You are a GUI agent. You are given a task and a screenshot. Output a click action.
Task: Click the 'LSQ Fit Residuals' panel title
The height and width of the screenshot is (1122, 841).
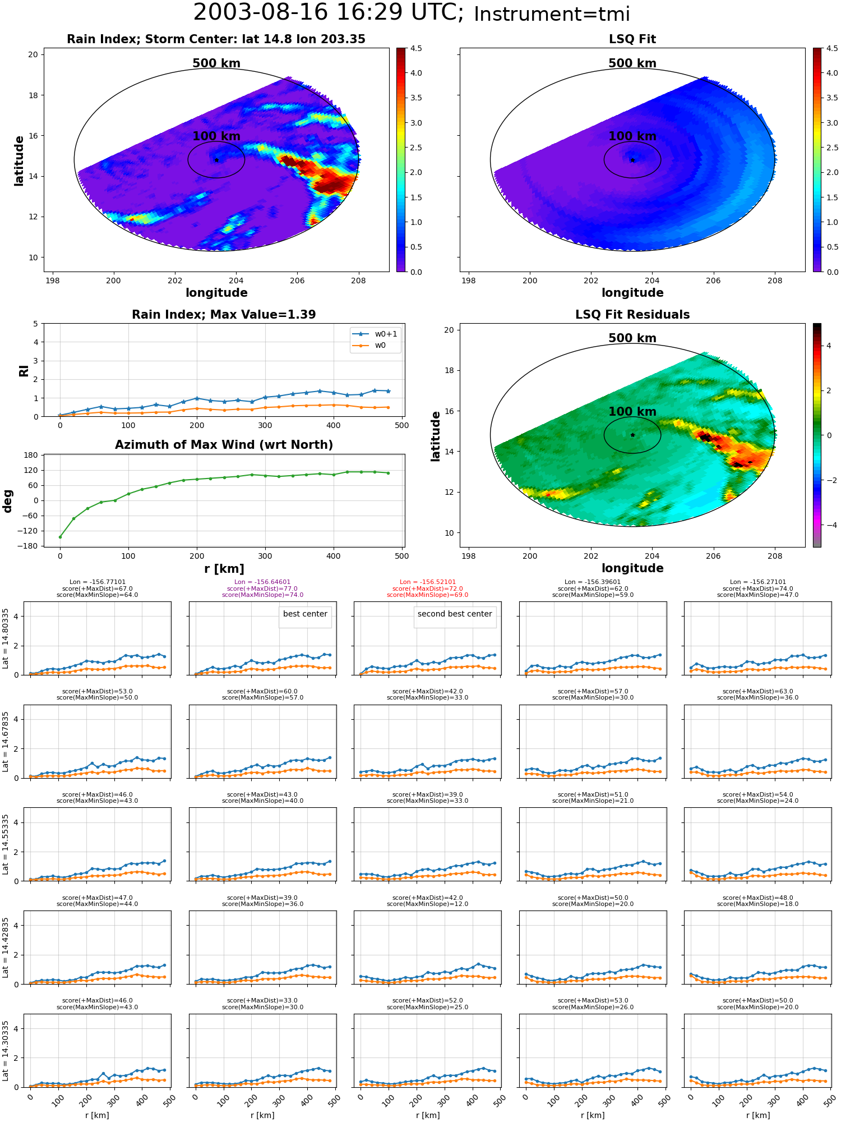(632, 315)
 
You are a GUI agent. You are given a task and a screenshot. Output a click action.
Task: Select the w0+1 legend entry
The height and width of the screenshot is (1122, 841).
(375, 334)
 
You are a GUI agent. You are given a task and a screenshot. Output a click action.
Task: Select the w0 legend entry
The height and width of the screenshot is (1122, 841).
(369, 346)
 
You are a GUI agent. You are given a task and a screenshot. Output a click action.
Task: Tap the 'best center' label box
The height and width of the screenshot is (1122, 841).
(305, 614)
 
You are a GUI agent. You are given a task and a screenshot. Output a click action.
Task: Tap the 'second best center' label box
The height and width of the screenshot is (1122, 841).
(455, 614)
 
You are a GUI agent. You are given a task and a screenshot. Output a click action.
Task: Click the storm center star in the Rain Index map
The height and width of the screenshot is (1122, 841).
(216, 160)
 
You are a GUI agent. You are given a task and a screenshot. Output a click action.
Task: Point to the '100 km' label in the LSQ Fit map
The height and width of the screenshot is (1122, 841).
(632, 136)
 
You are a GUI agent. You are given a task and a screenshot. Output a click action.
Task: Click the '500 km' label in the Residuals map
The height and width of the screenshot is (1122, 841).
(632, 338)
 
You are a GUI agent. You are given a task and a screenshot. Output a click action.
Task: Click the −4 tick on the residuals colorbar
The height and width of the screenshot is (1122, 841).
(829, 525)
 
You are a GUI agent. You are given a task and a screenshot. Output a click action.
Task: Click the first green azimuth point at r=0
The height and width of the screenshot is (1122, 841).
(60, 537)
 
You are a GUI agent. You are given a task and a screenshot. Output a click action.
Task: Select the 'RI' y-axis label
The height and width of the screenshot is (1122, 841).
(24, 370)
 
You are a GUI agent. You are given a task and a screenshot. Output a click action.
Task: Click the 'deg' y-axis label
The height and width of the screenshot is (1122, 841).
(8, 500)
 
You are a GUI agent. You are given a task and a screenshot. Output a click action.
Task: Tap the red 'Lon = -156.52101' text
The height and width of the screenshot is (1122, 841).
(427, 582)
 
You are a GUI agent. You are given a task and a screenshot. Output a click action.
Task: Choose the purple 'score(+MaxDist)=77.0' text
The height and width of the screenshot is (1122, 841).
(262, 588)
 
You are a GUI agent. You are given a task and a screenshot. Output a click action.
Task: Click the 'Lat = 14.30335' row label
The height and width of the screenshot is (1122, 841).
(6, 1051)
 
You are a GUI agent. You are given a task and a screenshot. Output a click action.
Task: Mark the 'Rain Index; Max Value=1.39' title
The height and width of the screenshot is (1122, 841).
(224, 315)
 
